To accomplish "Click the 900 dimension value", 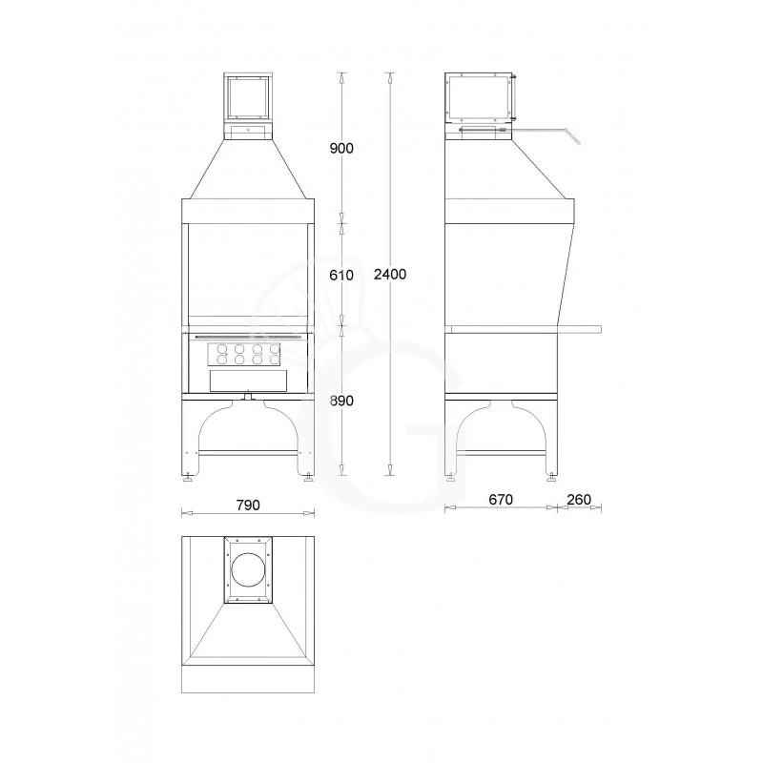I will point(340,148).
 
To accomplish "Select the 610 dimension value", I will point(340,275).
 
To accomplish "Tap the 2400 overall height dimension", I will point(390,275).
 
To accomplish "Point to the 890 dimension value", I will point(340,401).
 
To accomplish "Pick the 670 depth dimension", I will point(500,500).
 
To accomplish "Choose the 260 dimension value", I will point(579,500).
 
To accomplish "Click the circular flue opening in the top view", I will point(248,569).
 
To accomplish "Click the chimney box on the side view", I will point(482,98).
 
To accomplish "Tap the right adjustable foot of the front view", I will point(307,478).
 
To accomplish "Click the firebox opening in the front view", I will point(248,272).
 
